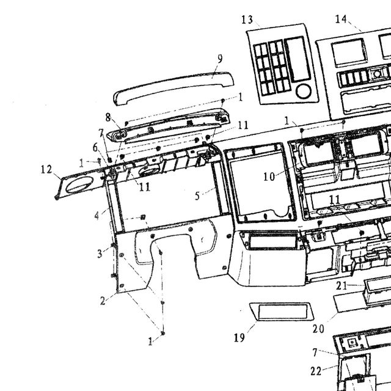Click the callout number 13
coord(247,20)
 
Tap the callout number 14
coord(341,19)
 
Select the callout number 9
coord(220,59)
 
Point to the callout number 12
coord(46,170)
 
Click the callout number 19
coord(239,338)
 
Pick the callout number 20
coord(318,329)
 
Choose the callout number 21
coord(342,286)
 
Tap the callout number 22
coord(316,371)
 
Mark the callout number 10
coord(269,177)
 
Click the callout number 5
coord(197,196)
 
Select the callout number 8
coord(108,117)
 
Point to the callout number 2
coord(103,301)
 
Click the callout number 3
coord(100,254)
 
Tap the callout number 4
coord(97,216)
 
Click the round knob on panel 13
coord(304,91)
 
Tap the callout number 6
coord(95,148)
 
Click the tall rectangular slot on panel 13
coord(298,59)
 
